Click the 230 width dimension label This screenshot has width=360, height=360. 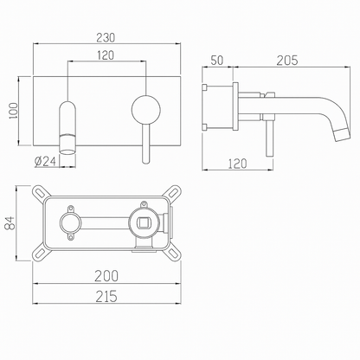106,38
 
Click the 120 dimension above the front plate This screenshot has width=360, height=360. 106,55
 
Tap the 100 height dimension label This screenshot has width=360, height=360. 13,111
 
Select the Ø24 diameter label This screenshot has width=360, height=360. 45,161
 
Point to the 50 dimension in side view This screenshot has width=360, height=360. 217,61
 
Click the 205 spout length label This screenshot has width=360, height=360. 287,61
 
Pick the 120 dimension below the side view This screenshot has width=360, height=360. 238,164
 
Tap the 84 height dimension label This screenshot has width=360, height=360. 10,222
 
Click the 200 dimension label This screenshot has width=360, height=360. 106,276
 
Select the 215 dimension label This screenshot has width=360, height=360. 106,296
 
